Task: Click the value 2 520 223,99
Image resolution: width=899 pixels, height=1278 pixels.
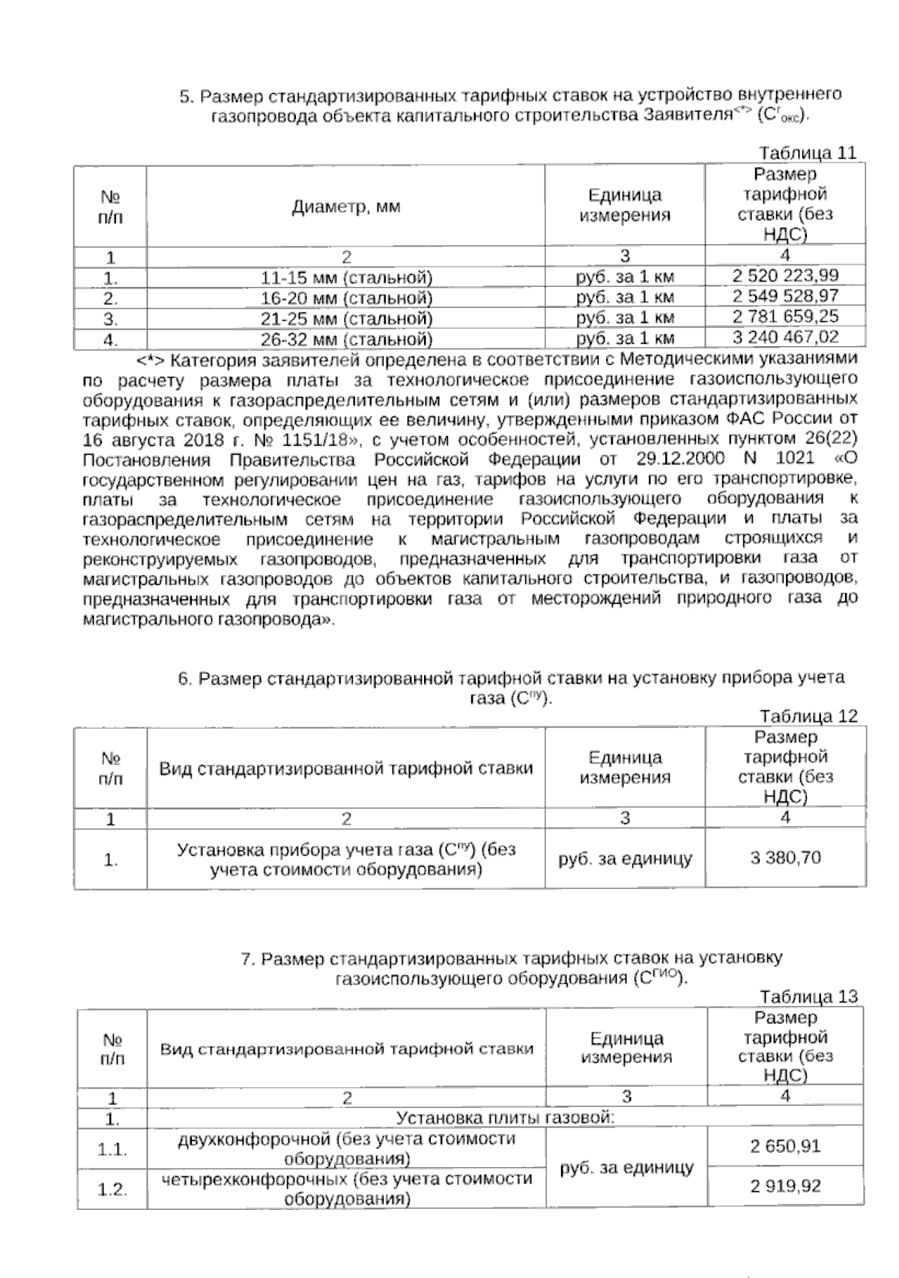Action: tap(785, 276)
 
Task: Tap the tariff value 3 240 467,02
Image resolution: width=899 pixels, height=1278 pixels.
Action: tap(785, 337)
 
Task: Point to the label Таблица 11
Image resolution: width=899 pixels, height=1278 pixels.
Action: tap(808, 154)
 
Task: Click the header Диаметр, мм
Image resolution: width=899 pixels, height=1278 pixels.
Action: tap(346, 207)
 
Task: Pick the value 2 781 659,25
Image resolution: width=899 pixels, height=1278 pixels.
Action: tap(785, 317)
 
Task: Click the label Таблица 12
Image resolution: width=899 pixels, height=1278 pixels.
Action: tap(808, 716)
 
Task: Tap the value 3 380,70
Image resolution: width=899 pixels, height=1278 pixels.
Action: tap(785, 858)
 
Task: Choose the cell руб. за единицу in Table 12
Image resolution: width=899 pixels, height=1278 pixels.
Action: tap(626, 859)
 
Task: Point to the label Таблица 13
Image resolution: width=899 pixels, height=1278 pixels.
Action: tap(808, 997)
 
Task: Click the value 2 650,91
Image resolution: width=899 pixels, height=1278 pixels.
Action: tap(785, 1146)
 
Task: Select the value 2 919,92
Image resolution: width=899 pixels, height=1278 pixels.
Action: tap(785, 1187)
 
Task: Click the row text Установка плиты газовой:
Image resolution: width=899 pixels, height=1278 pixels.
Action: tap(505, 1119)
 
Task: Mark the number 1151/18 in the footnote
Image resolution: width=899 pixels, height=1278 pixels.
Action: tap(312, 438)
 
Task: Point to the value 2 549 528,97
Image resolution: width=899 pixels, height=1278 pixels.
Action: tap(785, 296)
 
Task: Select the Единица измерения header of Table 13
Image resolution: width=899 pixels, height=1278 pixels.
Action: tap(626, 1047)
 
